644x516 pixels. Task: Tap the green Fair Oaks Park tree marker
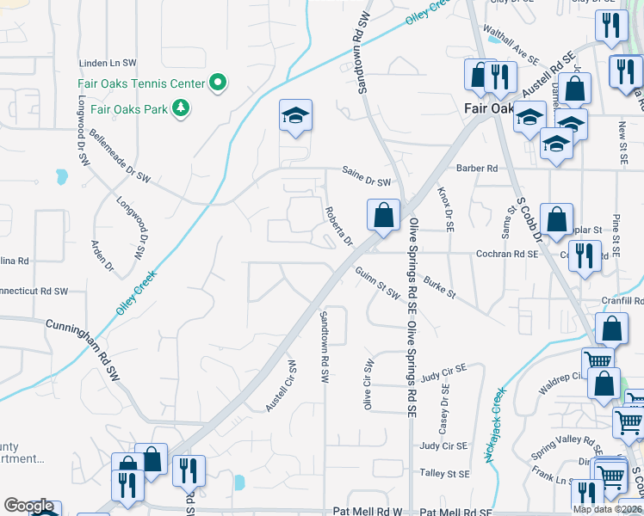(181, 107)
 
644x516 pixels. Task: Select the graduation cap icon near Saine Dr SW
(295, 116)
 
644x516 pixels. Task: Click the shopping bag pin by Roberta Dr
(383, 216)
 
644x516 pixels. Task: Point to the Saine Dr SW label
(366, 181)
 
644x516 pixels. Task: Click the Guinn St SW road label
(378, 282)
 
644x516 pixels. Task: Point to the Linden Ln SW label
(108, 63)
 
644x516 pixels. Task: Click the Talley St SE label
(444, 473)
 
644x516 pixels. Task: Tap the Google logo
(28, 507)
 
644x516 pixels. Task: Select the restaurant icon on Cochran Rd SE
(585, 257)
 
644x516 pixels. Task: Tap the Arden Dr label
(102, 255)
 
